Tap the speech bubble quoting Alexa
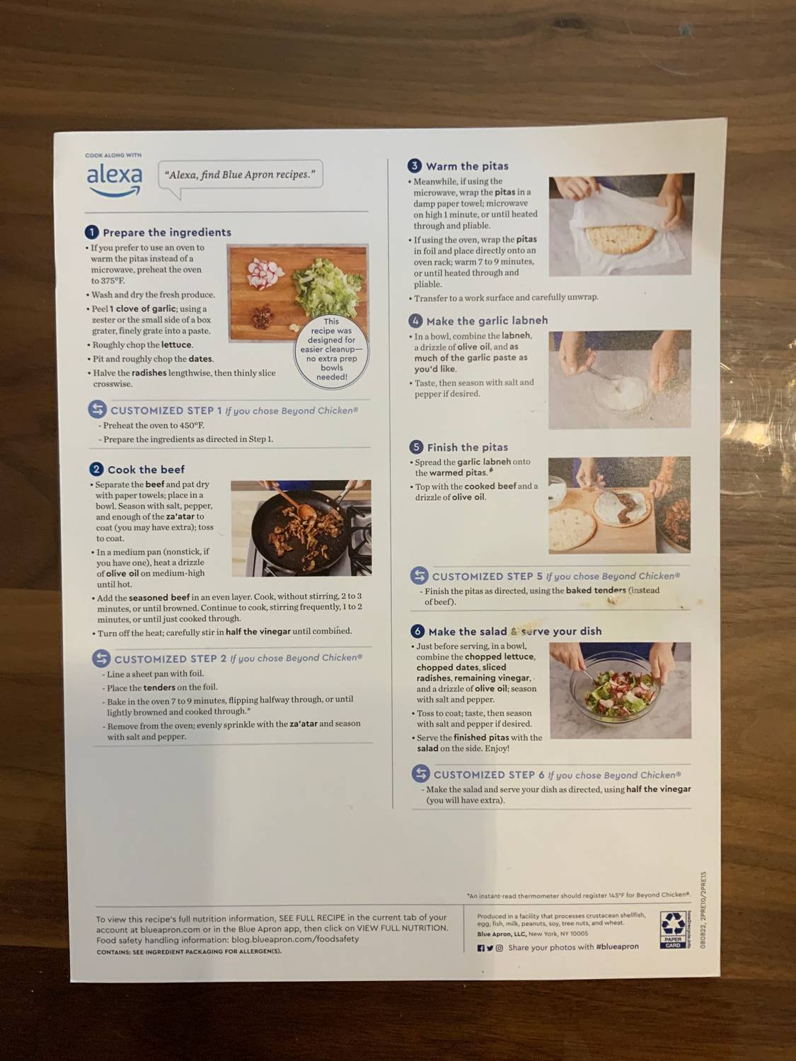(x=240, y=175)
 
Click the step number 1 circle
(x=91, y=232)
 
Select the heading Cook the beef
(x=146, y=470)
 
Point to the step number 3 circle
(x=415, y=166)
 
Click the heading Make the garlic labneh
(x=487, y=320)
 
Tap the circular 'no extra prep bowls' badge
(x=331, y=349)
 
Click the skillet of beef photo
(x=301, y=528)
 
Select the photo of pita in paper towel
(x=621, y=224)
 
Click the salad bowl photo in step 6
(x=621, y=690)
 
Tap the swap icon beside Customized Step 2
(x=101, y=659)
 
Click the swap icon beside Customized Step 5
(x=420, y=576)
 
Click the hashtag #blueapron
(x=617, y=947)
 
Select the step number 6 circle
(x=417, y=631)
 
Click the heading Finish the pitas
(x=467, y=448)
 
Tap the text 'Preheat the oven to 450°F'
(x=154, y=426)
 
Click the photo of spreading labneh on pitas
(x=619, y=505)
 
